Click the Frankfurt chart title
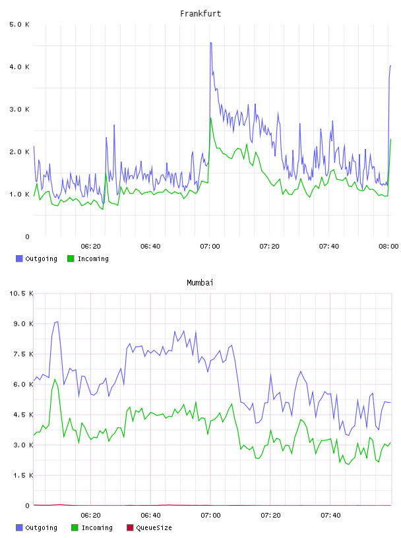pos(200,13)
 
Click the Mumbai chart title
pos(200,282)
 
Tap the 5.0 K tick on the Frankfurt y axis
pos(19,24)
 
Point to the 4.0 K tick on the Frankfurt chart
pos(19,67)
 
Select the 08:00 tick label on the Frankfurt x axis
pos(388,246)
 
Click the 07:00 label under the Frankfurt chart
pos(210,246)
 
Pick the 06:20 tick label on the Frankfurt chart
pos(90,246)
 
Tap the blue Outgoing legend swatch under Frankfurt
pos(19,258)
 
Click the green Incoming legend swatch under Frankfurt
pos(71,258)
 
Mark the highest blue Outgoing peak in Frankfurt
pos(211,43)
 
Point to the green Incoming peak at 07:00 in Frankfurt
pos(211,118)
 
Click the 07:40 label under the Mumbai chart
pos(330,515)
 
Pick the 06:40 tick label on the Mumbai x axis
pos(151,515)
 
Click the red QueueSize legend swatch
pos(130,527)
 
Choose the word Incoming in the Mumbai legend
pos(97,527)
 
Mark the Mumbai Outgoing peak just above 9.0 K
pos(57,322)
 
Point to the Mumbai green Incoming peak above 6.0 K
pos(55,379)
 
